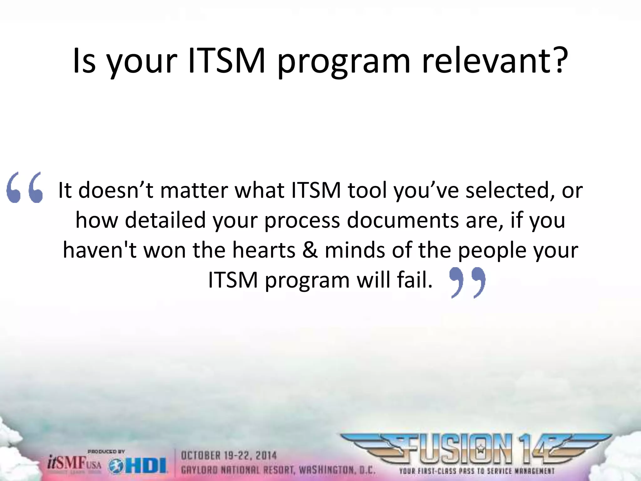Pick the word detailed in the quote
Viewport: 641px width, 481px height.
tap(165, 220)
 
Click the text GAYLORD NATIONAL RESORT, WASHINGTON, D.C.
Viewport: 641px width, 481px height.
tap(278, 470)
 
